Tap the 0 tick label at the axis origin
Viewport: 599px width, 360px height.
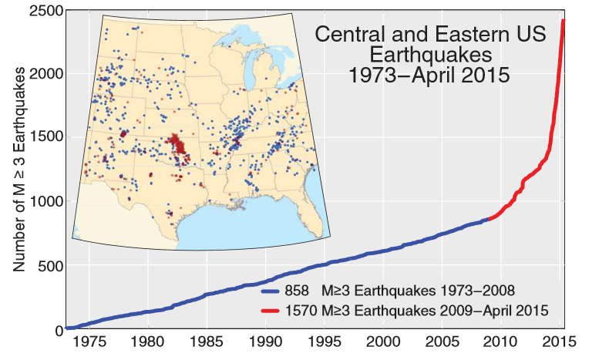[57, 330]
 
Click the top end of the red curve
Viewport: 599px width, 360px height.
[564, 21]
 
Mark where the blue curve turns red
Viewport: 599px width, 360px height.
[489, 219]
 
